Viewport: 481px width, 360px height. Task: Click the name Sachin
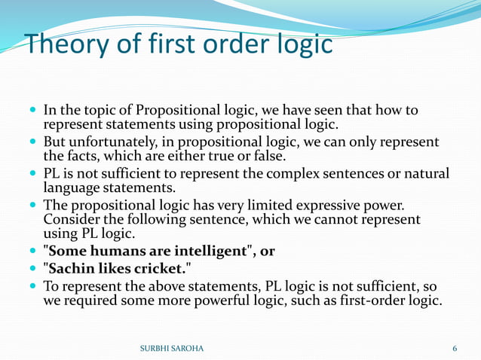pyautogui.click(x=71, y=269)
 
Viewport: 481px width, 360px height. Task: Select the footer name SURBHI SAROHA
pyautogui.click(x=172, y=349)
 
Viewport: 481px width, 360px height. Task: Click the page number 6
pyautogui.click(x=455, y=349)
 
